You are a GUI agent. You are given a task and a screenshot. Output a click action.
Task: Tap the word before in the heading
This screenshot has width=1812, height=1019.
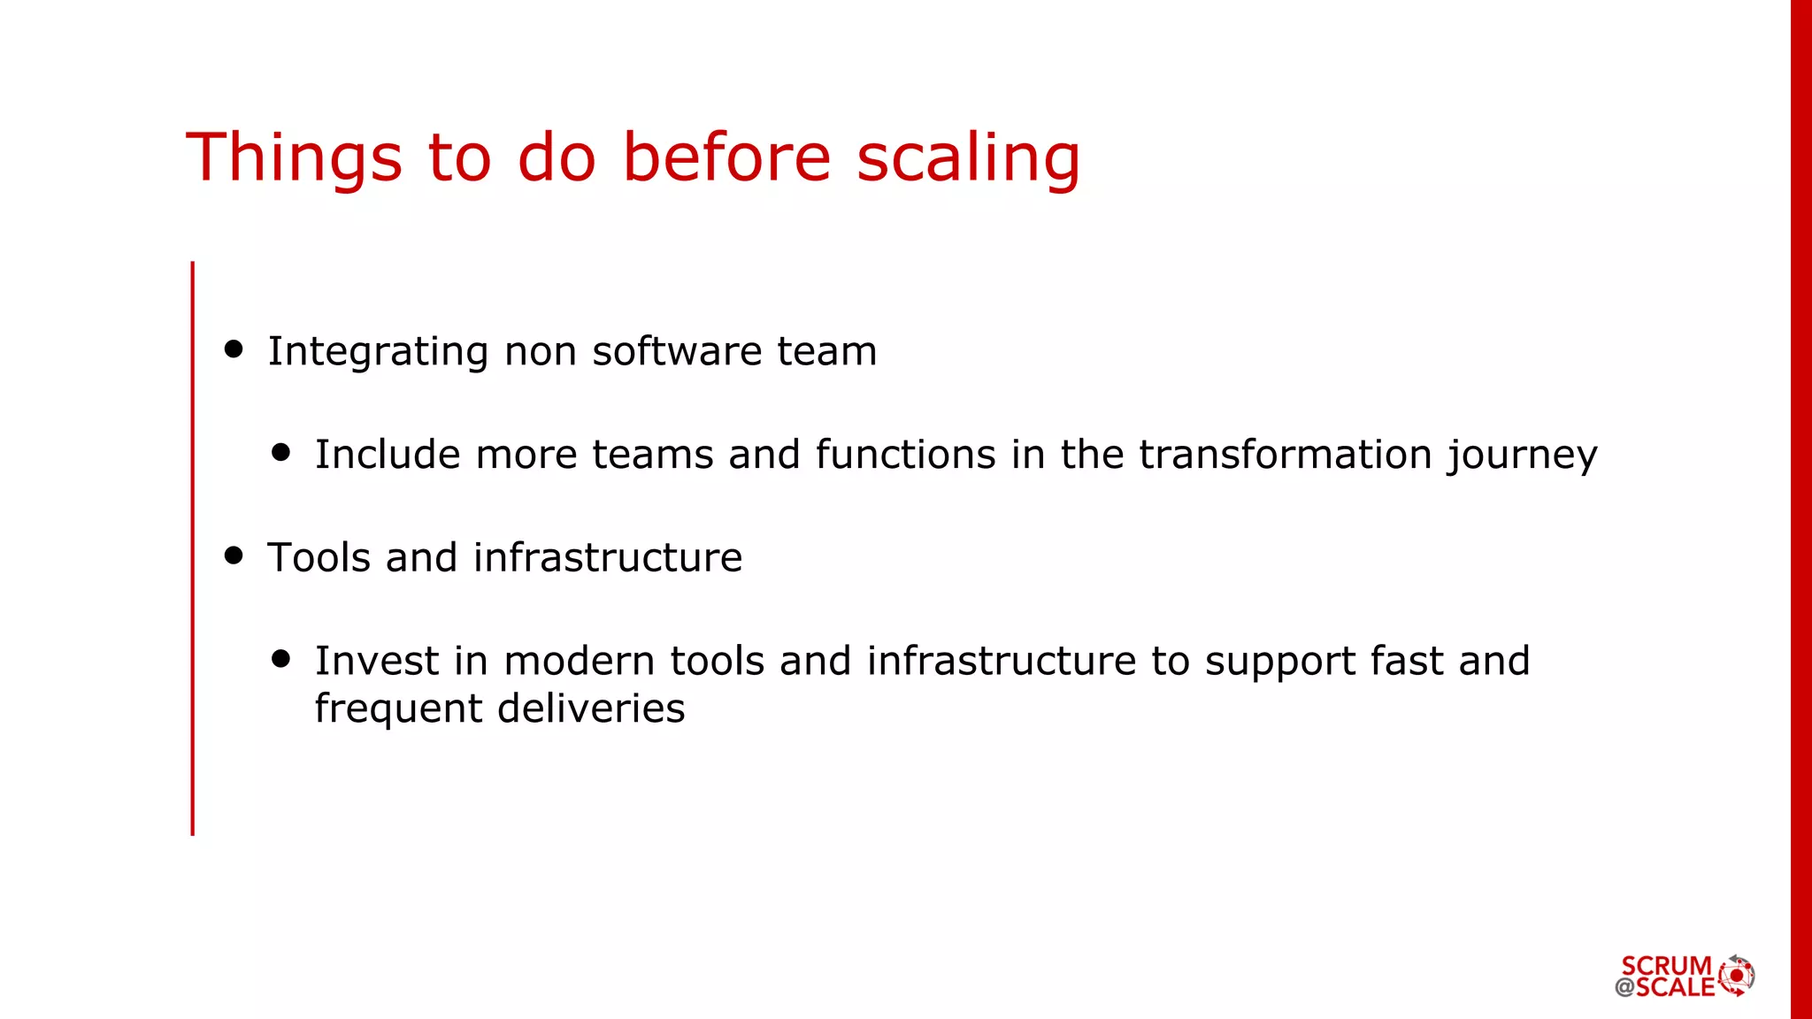pyautogui.click(x=726, y=157)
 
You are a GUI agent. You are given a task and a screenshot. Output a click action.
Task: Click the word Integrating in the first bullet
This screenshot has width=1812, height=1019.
pyautogui.click(x=378, y=352)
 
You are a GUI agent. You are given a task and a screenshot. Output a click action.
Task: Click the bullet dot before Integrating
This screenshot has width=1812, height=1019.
pyautogui.click(x=234, y=349)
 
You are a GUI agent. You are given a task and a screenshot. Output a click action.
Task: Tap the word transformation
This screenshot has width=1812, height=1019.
pyautogui.click(x=1286, y=455)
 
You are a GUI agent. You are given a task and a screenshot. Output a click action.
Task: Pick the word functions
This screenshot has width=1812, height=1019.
pyautogui.click(x=905, y=455)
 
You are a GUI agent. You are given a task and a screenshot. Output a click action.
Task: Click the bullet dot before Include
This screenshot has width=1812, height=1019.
pyautogui.click(x=281, y=453)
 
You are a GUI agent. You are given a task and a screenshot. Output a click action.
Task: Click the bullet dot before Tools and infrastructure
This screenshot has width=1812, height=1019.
pyautogui.click(x=234, y=555)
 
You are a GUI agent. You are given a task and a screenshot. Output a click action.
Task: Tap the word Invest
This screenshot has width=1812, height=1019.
pyautogui.click(x=377, y=661)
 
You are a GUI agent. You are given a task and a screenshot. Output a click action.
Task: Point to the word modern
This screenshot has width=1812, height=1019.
pyautogui.click(x=580, y=661)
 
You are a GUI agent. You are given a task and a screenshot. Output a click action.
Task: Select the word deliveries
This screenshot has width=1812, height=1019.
pyautogui.click(x=591, y=709)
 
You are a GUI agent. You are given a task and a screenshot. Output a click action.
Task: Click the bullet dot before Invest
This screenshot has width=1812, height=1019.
pyautogui.click(x=281, y=659)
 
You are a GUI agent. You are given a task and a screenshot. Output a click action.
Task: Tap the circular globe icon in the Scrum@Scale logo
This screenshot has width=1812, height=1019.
pyautogui.click(x=1737, y=976)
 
